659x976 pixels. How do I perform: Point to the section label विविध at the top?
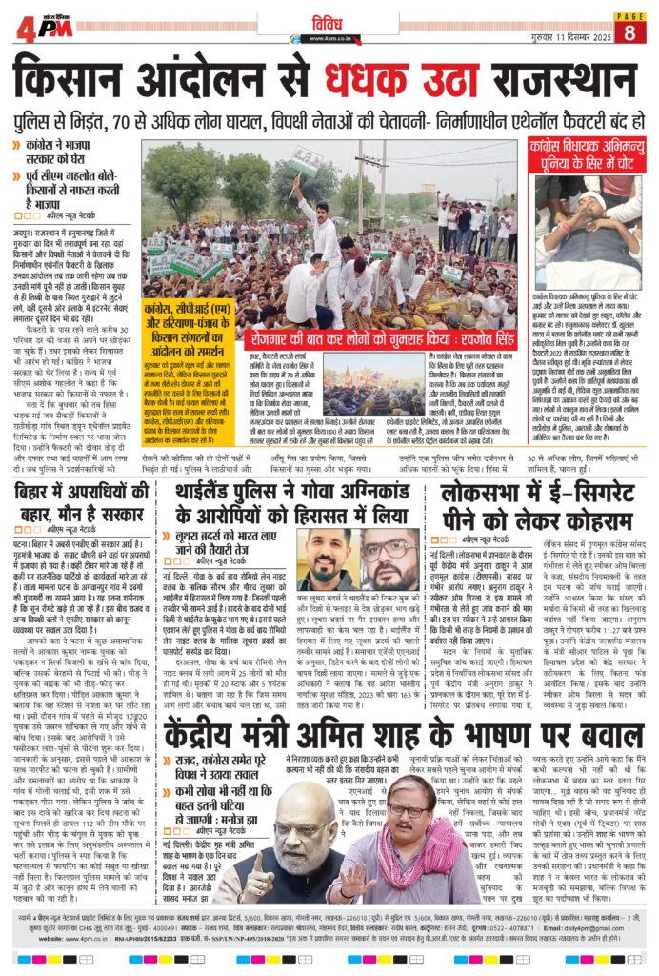click(x=330, y=20)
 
